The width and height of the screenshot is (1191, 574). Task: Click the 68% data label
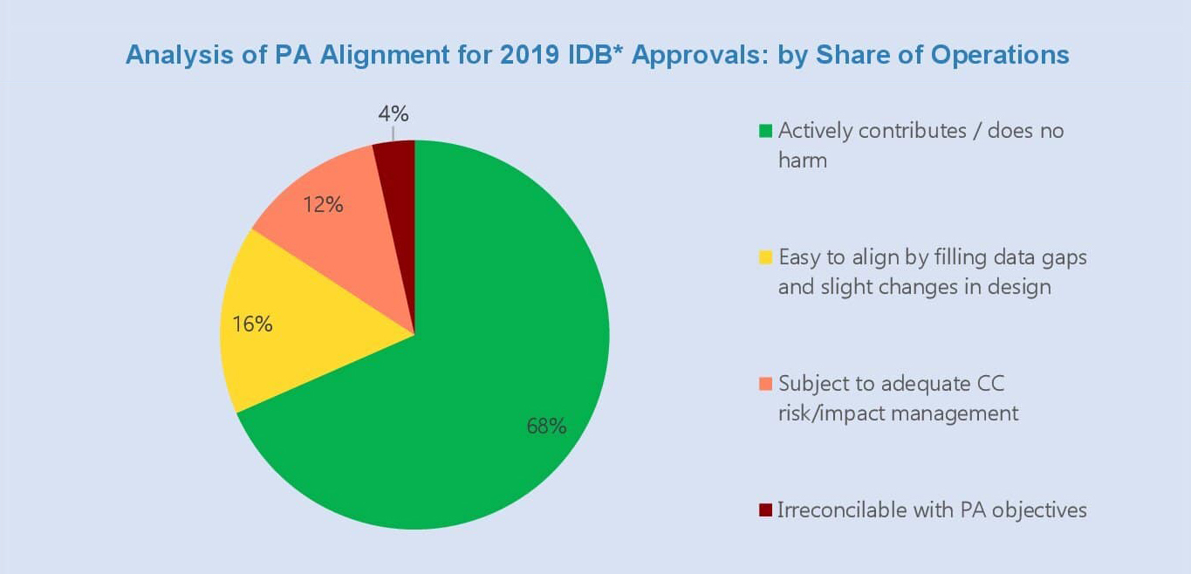546,426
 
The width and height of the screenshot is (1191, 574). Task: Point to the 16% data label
252,324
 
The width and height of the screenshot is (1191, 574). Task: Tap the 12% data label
323,206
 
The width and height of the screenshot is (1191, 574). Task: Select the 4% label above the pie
394,114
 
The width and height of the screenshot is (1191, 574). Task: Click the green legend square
765,132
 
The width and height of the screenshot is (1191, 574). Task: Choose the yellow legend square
765,257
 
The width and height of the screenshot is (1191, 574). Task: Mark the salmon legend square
765,384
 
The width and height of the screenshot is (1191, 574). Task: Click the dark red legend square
765,509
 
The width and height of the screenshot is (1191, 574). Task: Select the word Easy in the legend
797,257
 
